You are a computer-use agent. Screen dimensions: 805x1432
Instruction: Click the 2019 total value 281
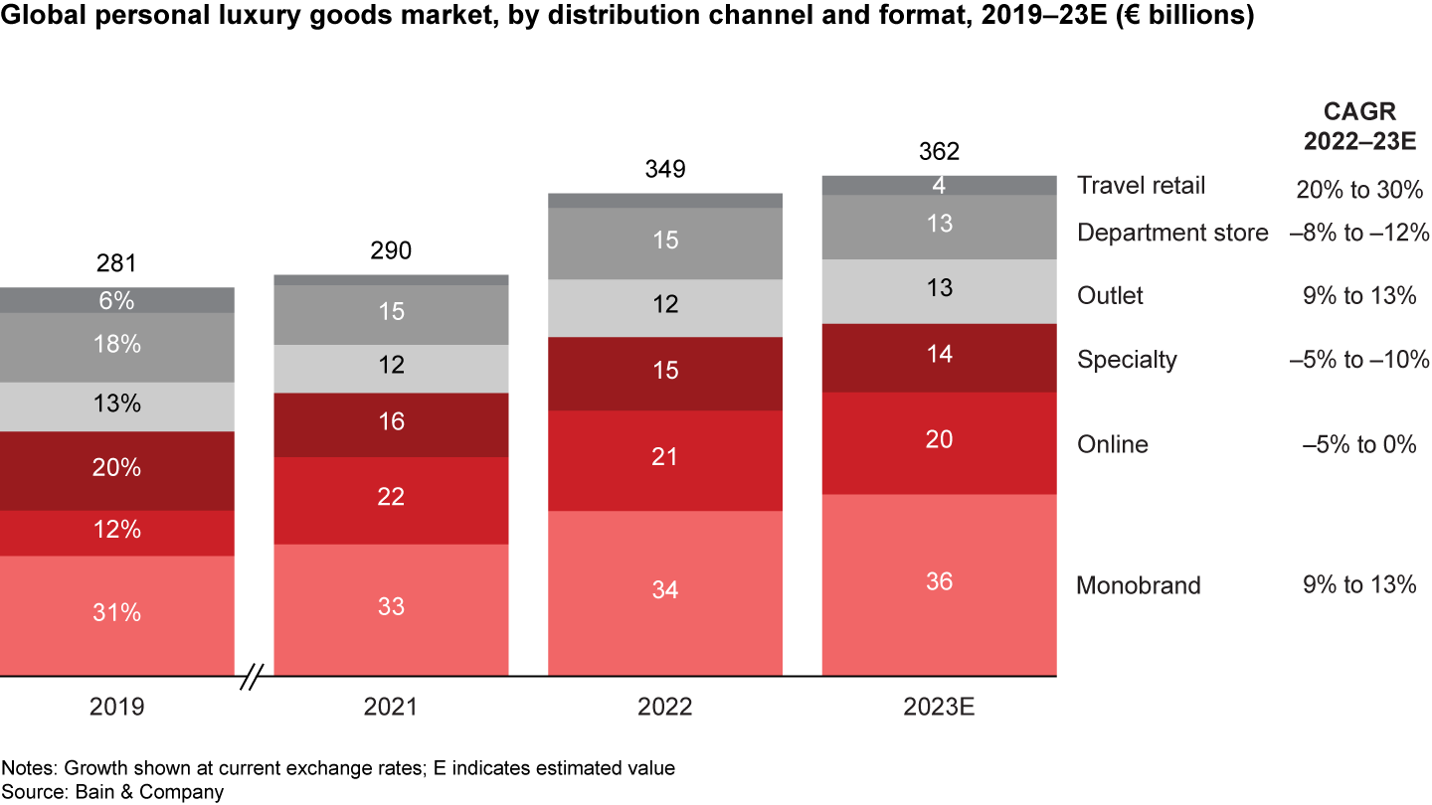click(116, 264)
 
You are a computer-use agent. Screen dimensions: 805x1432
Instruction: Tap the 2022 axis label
click(665, 708)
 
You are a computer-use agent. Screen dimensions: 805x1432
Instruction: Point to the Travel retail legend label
click(1141, 186)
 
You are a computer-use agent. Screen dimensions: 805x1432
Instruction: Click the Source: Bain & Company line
click(112, 792)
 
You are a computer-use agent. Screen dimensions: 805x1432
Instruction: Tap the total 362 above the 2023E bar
click(939, 152)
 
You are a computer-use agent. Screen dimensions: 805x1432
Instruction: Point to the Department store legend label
click(1172, 234)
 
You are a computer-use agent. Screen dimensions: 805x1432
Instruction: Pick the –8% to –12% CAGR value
click(1359, 234)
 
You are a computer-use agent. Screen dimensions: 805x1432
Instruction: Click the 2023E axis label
click(939, 708)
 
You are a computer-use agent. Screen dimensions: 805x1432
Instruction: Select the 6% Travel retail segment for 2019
click(116, 300)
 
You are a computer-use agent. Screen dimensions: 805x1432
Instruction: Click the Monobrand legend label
click(1138, 585)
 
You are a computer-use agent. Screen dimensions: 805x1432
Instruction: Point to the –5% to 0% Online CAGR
click(1359, 444)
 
